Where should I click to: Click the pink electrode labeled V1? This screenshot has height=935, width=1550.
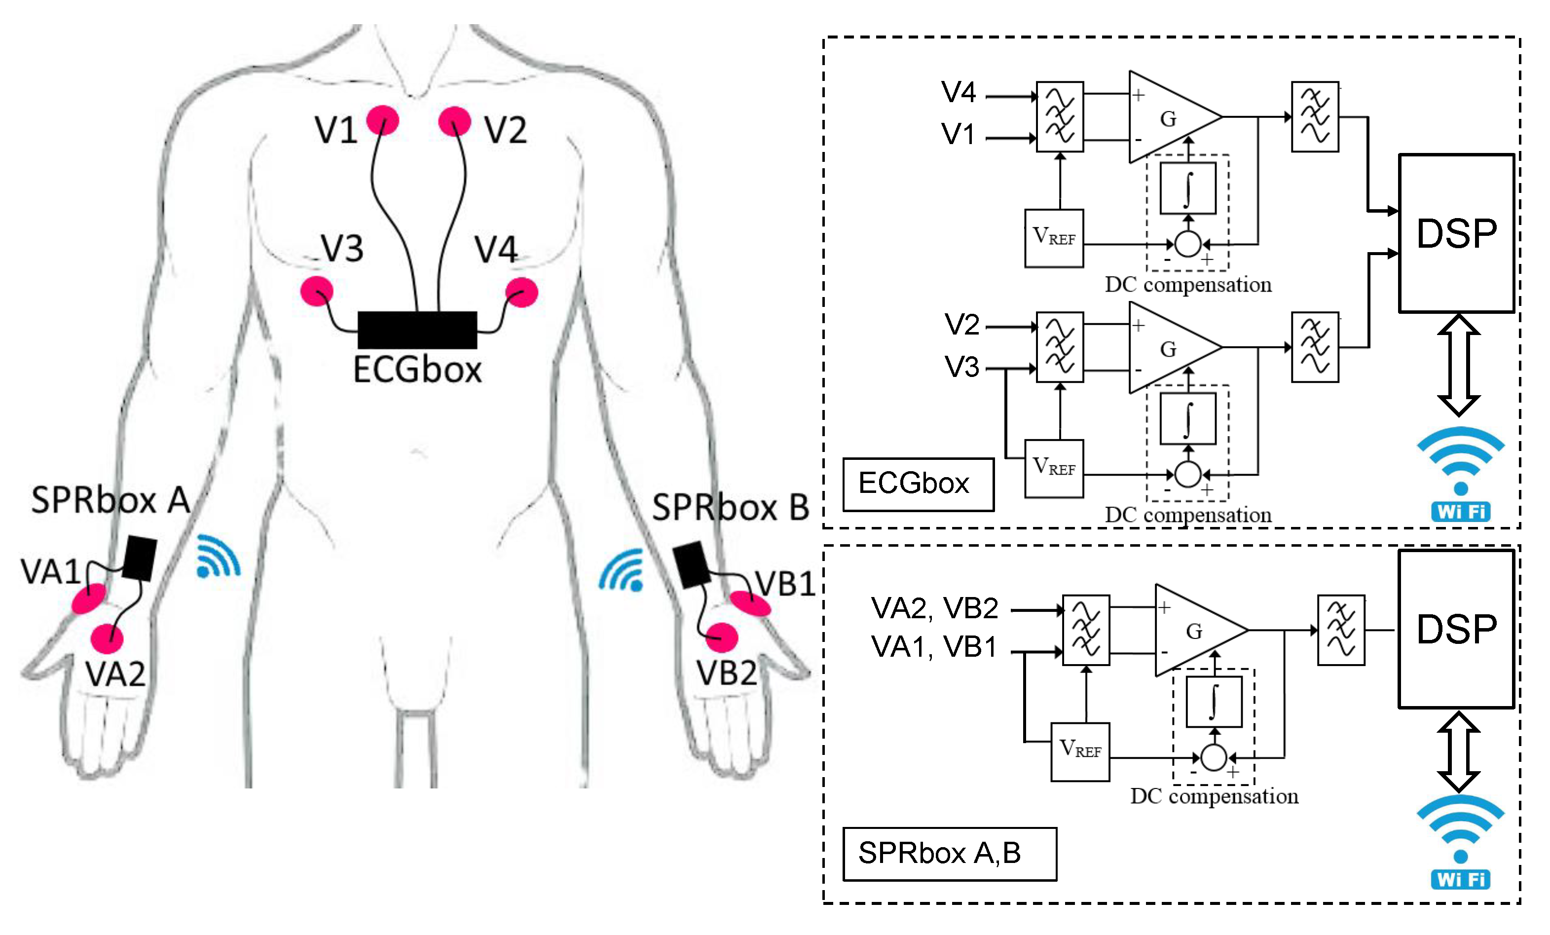[382, 120]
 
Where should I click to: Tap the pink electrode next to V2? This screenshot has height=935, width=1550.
[454, 121]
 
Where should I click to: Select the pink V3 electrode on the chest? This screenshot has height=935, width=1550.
[316, 291]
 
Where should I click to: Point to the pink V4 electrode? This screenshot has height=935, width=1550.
[522, 292]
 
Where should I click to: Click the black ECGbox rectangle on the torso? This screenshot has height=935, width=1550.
[417, 330]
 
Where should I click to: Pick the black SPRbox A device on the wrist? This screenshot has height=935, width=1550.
[140, 558]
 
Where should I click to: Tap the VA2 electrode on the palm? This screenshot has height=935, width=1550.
[107, 638]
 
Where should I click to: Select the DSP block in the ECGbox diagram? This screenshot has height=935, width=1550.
[1456, 233]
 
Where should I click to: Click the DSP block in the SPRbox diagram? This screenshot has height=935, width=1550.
[1456, 629]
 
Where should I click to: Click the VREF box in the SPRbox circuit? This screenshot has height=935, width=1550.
[1080, 751]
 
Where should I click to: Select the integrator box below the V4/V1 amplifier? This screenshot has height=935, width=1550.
[1188, 188]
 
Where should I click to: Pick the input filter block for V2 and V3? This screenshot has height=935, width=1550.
[1060, 347]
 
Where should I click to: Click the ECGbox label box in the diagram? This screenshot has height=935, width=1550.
[919, 484]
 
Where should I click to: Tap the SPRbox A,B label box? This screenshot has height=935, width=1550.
[949, 853]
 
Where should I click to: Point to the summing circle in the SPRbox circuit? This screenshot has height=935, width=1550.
[1214, 757]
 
